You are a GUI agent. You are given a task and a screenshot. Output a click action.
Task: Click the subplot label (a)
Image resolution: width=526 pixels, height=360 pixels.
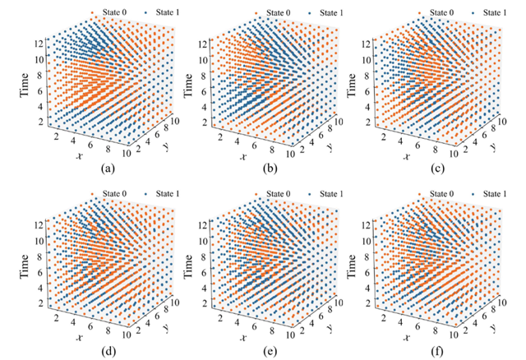coord(106,170)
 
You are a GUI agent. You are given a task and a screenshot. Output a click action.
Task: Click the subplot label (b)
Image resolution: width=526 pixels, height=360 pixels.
coord(271,170)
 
